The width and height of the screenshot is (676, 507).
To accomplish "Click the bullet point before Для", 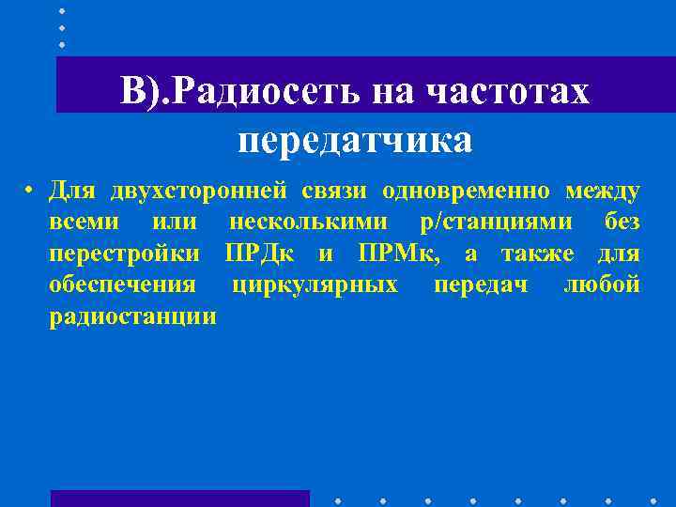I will [31, 192].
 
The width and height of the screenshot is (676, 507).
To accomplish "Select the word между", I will [603, 192].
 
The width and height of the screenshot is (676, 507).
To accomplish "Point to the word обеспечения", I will [122, 284].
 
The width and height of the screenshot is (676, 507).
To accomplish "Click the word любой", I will [602, 284].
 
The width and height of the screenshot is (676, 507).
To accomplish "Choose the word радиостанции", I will [132, 315].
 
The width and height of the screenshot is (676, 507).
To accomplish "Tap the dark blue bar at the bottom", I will [179, 499].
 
